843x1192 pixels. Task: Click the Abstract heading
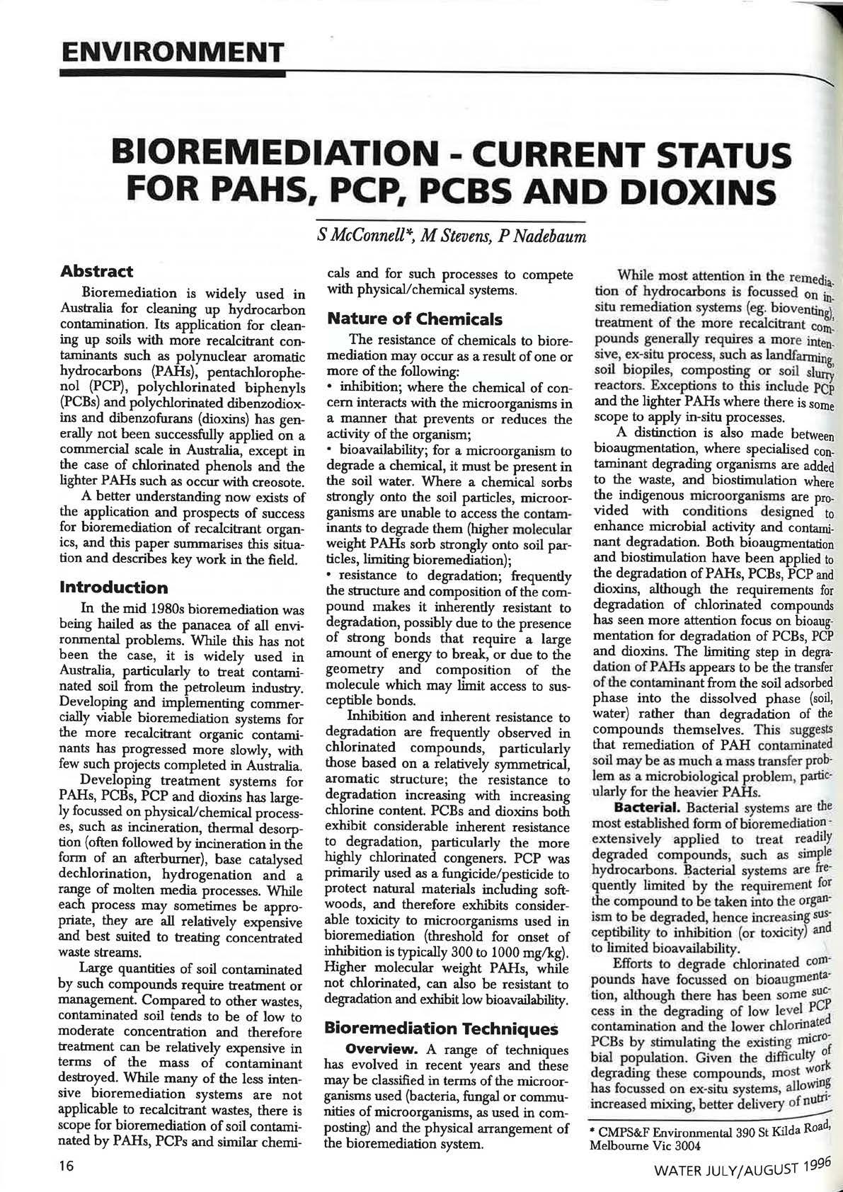pyautogui.click(x=97, y=271)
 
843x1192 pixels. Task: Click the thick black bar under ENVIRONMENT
pyautogui.click(x=172, y=72)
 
